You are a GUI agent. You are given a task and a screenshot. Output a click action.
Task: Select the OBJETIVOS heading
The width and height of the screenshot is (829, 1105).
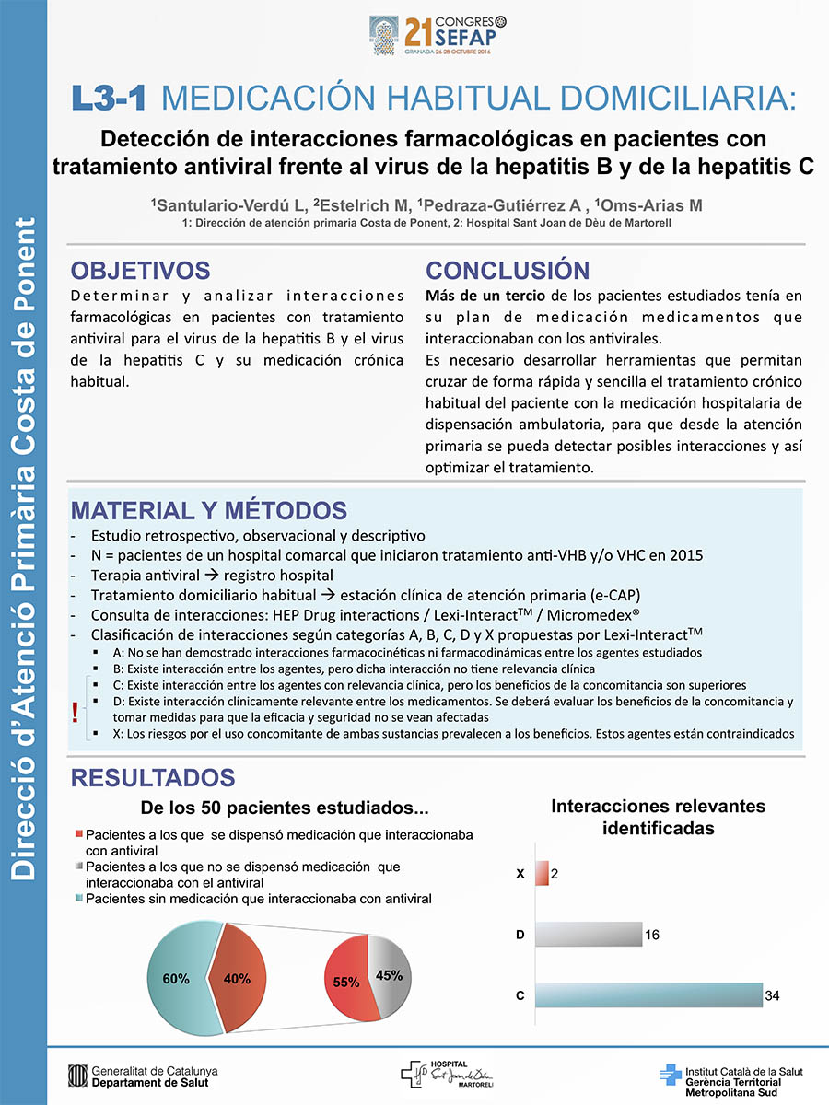point(141,270)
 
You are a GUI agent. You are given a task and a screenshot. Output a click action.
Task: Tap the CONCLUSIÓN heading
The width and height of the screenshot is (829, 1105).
point(507,270)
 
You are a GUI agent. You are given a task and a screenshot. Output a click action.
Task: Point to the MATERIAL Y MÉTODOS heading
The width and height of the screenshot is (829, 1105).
point(209,510)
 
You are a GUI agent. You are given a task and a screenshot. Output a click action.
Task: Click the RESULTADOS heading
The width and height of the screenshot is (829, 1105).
point(153,778)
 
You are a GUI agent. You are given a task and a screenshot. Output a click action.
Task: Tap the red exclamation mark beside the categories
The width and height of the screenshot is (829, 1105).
point(75,711)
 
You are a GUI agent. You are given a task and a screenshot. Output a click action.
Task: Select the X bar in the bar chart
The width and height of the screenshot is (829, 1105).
point(542,873)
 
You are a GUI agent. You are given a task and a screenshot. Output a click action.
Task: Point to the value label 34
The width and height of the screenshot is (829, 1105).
point(773,995)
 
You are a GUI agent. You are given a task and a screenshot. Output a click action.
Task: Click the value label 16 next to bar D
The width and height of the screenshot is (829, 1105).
point(651,935)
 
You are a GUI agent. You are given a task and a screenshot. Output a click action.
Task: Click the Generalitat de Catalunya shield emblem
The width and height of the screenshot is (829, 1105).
point(77,1076)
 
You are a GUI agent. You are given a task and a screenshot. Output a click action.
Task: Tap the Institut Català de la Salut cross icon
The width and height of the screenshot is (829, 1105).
point(671,1076)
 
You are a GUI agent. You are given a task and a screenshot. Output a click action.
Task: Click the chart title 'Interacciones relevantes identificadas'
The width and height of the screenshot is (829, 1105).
point(658,817)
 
